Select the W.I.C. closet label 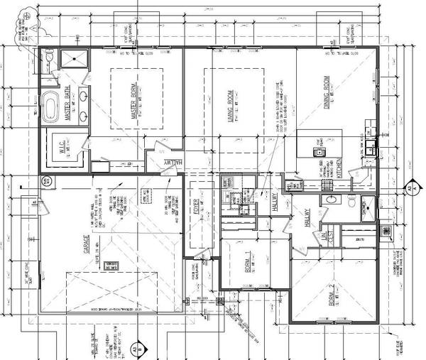click(62, 151)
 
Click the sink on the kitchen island click(319, 151)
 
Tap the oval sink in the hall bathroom click(330, 200)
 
